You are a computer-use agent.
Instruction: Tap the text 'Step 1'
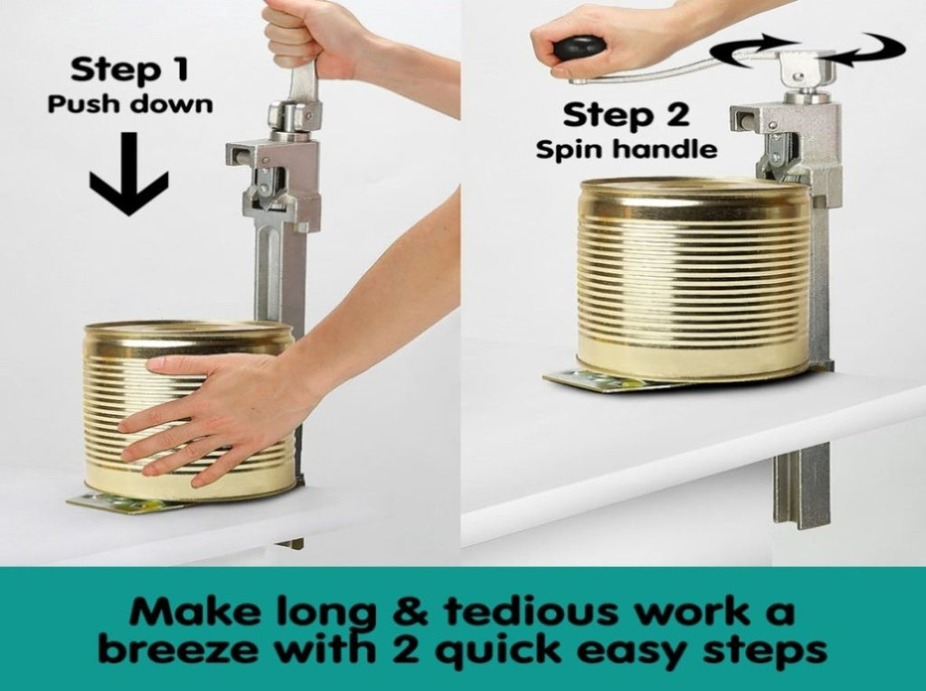click(x=129, y=69)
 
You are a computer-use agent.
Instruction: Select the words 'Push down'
click(x=130, y=104)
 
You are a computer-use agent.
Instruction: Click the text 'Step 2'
click(x=626, y=115)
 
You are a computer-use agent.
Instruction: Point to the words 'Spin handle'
click(x=627, y=149)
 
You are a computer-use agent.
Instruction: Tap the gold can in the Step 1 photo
click(x=189, y=411)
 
